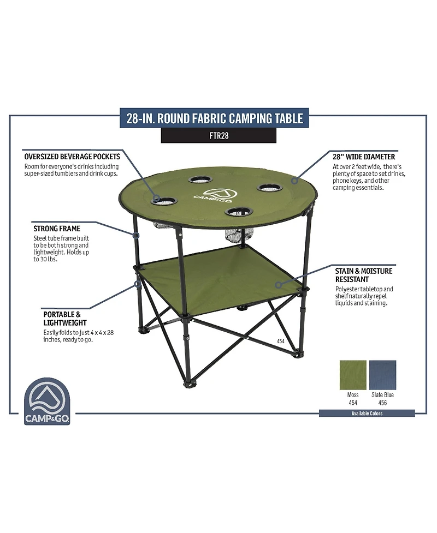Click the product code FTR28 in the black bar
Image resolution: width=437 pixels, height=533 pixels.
point(218,136)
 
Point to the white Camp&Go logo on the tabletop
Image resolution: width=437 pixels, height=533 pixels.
point(215,195)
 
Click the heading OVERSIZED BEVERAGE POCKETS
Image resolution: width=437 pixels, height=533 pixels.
point(72,157)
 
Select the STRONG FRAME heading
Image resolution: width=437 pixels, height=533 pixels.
point(56,229)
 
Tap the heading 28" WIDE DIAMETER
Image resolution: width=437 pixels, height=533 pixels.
point(363,157)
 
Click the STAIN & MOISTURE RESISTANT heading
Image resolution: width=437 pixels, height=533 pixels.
point(363,275)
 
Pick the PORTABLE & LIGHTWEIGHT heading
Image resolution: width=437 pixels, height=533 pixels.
point(65,319)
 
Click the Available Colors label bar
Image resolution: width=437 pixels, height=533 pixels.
point(367,413)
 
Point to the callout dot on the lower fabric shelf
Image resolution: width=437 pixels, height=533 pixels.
point(278,284)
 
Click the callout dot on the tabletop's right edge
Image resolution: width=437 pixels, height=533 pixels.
point(294,179)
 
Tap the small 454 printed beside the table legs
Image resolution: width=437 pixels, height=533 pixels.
point(281,341)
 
